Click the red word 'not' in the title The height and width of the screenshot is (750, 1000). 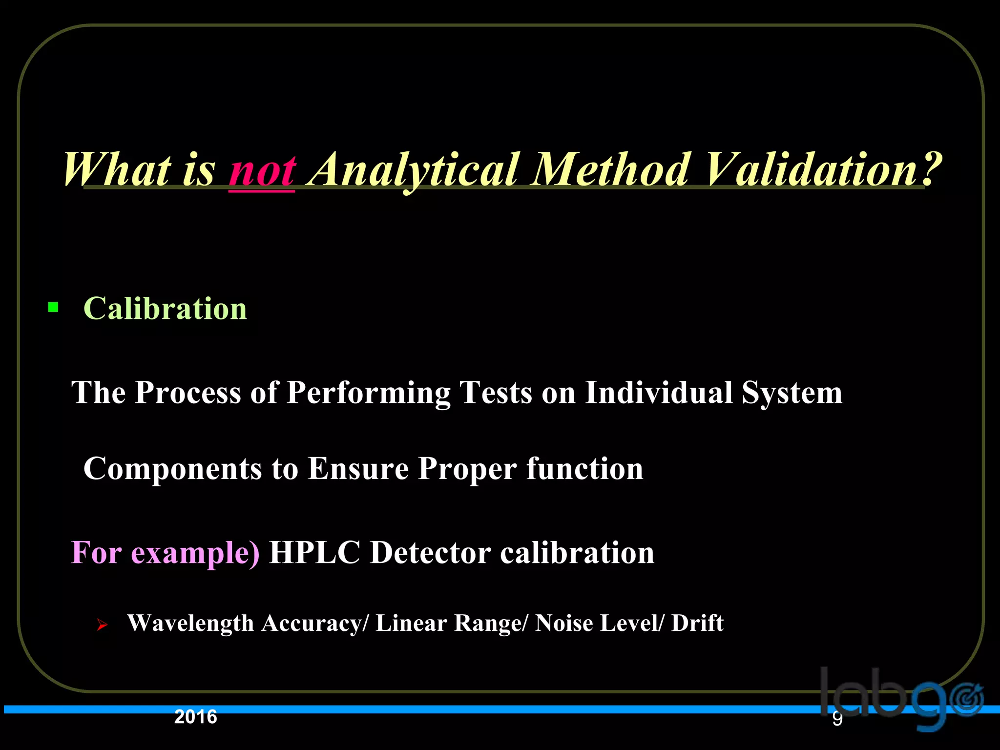click(x=262, y=170)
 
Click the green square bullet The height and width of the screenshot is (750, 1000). click(x=54, y=308)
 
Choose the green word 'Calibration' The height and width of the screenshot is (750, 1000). click(x=165, y=309)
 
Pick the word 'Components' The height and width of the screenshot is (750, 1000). click(x=173, y=469)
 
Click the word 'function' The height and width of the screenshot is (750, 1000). click(x=584, y=468)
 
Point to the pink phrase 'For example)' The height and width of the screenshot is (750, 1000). click(x=165, y=553)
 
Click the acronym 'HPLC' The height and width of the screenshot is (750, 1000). click(x=314, y=553)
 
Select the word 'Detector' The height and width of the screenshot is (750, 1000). click(x=430, y=553)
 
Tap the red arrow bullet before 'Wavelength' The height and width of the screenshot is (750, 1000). click(x=102, y=625)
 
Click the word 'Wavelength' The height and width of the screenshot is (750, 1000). click(x=190, y=624)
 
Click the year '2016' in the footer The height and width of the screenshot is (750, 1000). click(x=195, y=717)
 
